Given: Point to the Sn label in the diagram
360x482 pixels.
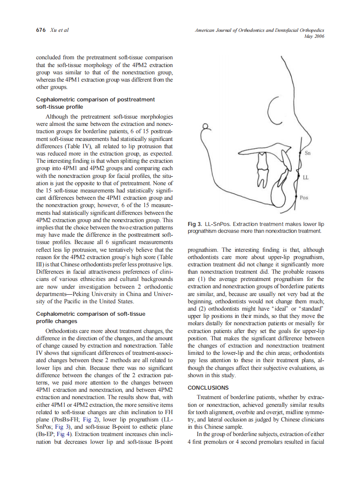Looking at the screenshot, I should coord(307,153).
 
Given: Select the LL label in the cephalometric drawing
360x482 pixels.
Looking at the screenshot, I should coord(305,177).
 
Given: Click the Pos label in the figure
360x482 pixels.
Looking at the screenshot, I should coord(304,198).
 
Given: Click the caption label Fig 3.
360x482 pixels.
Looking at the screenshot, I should coord(195,224).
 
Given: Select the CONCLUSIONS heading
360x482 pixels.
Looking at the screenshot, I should coord(208,387).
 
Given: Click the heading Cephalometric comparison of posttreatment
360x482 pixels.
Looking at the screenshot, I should coord(95,100).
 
